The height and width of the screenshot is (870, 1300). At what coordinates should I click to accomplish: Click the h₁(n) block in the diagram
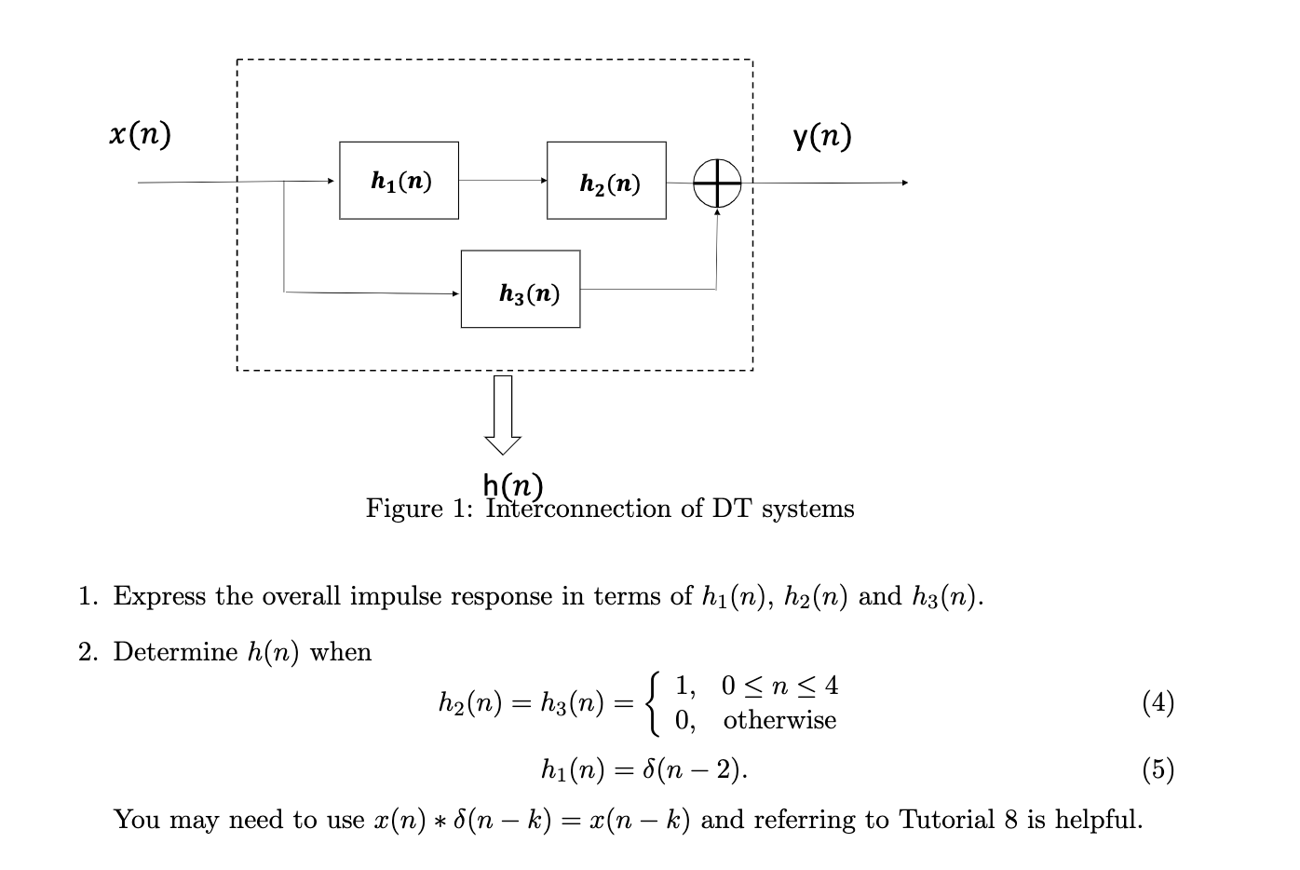399,181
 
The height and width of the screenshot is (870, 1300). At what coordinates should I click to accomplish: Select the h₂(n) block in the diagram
606,181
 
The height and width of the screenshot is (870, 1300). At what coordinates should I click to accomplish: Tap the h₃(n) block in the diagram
521,289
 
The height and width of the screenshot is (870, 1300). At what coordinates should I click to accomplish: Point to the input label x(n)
140,135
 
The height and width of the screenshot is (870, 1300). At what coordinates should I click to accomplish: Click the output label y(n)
822,137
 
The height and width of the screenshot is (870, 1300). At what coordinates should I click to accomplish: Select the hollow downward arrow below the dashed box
503,415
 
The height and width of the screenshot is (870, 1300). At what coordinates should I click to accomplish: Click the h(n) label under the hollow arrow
513,484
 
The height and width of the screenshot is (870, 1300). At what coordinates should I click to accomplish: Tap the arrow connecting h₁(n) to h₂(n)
503,181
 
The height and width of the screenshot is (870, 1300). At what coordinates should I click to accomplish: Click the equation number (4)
1158,702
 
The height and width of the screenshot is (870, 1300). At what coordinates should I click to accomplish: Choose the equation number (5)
1158,769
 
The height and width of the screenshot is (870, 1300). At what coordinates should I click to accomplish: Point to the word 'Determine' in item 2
176,652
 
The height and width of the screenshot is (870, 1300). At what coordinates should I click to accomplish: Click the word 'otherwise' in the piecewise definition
779,720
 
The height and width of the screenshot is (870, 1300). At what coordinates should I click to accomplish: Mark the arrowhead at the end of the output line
903,183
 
